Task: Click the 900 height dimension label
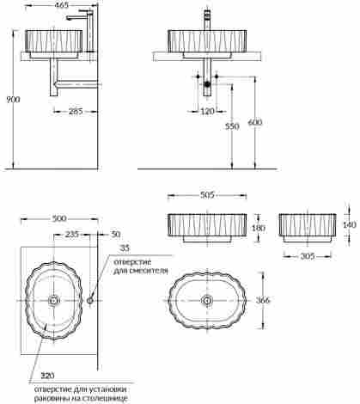(x=13, y=100)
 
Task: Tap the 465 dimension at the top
(x=62, y=5)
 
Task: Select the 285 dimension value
(x=76, y=111)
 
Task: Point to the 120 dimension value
(x=207, y=111)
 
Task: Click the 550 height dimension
(x=232, y=126)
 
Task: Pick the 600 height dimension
(x=255, y=123)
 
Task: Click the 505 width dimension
(x=207, y=195)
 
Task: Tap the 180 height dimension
(x=259, y=228)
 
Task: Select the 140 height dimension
(x=350, y=224)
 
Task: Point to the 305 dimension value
(x=308, y=256)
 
